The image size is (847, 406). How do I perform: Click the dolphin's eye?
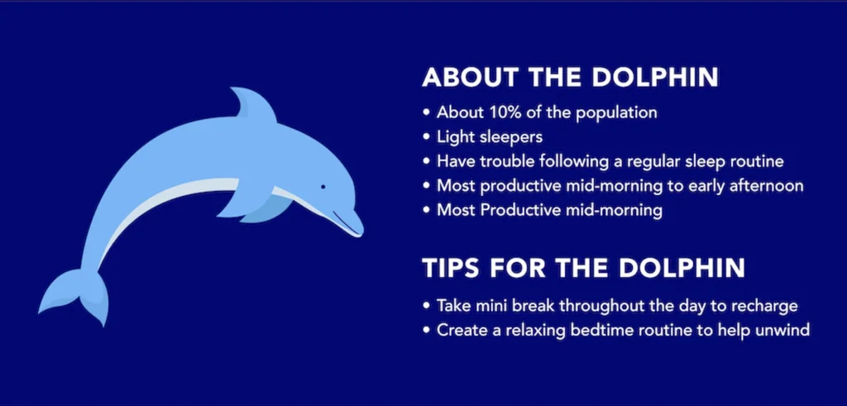click(323, 187)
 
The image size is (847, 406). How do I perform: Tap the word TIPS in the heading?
click(451, 269)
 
